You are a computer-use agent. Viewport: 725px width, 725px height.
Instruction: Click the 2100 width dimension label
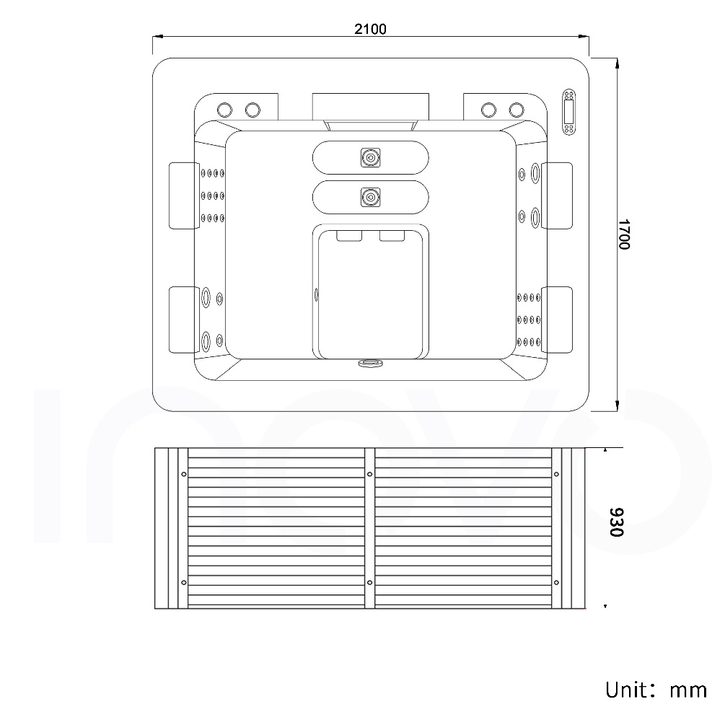coord(370,29)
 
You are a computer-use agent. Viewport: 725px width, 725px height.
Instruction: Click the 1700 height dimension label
coord(624,234)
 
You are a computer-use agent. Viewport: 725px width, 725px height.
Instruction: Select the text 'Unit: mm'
coord(656,689)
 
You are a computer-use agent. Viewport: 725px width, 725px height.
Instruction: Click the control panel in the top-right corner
coord(569,112)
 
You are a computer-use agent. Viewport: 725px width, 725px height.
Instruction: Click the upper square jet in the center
coord(370,157)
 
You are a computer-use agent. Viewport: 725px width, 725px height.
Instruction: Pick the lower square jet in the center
coord(370,196)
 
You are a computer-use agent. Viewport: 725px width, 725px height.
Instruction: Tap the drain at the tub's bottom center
coord(370,364)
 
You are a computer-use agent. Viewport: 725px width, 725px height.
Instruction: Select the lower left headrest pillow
coord(184,320)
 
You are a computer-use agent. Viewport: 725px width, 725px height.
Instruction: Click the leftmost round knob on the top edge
coord(224,110)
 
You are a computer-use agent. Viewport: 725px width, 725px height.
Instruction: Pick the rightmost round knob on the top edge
coord(517,110)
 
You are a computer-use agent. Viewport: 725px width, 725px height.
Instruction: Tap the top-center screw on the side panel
coord(369,474)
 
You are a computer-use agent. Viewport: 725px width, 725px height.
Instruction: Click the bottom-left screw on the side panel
coord(183,582)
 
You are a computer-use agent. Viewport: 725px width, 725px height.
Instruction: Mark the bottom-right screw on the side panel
coord(555,582)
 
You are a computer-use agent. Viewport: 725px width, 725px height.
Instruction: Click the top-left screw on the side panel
coord(183,474)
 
